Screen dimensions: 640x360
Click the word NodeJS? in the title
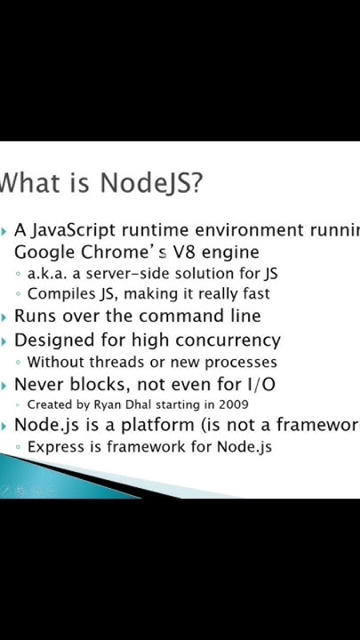pos(151,183)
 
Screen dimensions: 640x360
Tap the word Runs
pos(35,316)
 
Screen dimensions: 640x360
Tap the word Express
pos(56,446)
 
